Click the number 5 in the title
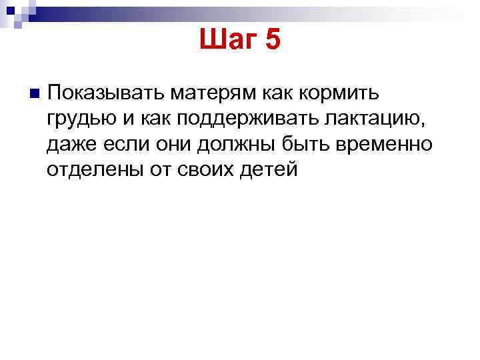[x=273, y=41]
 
